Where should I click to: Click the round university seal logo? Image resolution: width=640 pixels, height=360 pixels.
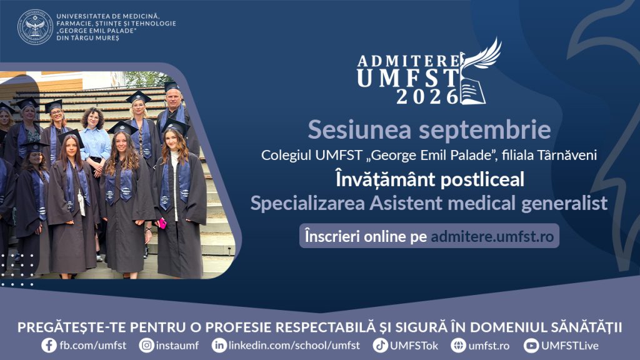(36, 27)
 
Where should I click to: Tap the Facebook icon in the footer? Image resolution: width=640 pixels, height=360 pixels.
(49, 345)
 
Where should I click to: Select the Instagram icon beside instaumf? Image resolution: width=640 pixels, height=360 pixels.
(146, 345)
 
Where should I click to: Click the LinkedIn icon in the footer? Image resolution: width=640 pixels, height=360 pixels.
(219, 345)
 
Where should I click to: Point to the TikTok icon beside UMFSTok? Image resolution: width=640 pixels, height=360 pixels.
(381, 345)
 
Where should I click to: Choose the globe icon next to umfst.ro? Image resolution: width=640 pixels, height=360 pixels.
(459, 345)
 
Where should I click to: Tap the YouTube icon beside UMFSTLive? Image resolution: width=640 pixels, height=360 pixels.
(531, 345)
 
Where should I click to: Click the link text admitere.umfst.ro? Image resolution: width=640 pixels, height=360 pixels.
(492, 236)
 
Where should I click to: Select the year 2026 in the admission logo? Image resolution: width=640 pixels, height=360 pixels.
(427, 97)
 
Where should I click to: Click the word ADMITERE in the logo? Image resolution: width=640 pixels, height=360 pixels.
(409, 61)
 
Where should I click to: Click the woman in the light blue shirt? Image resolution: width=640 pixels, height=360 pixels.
(94, 141)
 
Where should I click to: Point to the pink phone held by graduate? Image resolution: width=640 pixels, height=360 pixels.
(162, 223)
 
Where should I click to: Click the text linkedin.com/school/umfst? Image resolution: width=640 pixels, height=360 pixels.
(294, 345)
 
